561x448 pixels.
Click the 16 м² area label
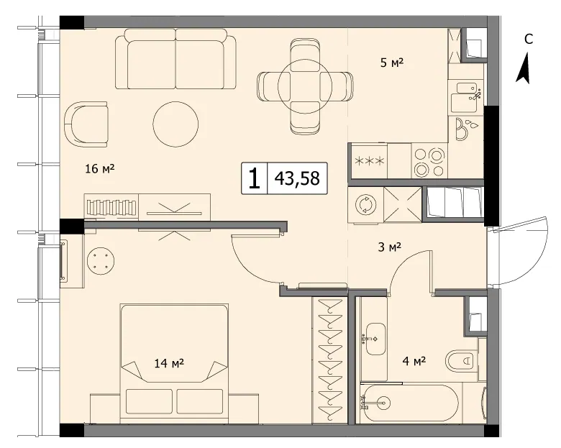tap(99, 168)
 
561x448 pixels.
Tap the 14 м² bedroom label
tap(169, 364)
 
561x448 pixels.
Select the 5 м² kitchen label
tap(392, 63)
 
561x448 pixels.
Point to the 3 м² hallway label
tap(390, 247)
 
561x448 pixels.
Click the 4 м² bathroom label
tap(414, 361)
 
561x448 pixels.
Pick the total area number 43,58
tap(297, 178)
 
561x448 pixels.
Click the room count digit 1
tap(254, 178)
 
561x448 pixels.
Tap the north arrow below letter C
tap(523, 68)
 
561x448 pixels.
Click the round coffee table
tap(175, 124)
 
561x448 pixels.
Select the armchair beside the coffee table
tap(86, 124)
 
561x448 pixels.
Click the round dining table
tap(305, 86)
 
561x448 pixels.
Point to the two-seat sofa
tap(175, 59)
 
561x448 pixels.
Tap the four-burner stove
tap(429, 161)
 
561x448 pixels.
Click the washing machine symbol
tap(365, 206)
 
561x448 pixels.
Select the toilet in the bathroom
tap(462, 360)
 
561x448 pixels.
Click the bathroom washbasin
tap(375, 339)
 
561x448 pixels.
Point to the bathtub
tap(410, 403)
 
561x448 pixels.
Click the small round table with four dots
tap(101, 261)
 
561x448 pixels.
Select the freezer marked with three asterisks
tap(369, 160)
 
